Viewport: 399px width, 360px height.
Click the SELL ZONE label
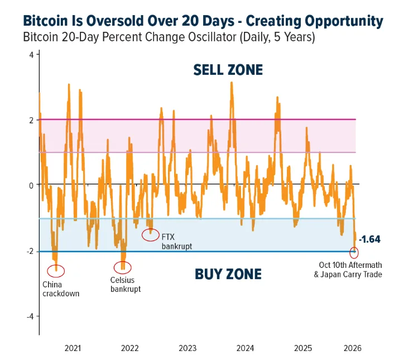tap(228, 70)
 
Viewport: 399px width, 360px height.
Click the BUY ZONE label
tap(228, 274)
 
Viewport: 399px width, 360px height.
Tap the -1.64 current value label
tap(369, 239)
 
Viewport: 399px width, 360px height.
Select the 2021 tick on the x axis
tap(73, 348)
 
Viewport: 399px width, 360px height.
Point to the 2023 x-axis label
tap(188, 348)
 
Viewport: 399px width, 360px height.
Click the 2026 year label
tap(353, 348)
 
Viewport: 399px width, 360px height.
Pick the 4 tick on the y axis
tap(31, 55)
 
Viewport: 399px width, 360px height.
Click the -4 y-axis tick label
tap(30, 316)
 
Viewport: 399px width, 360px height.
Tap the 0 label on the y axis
tap(31, 186)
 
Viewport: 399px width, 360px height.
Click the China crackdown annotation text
tap(61, 289)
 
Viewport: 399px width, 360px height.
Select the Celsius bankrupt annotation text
tap(126, 285)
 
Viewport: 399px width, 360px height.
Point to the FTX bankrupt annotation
tap(177, 242)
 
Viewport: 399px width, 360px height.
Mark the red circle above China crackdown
tap(47, 271)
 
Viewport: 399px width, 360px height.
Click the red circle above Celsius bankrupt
tap(114, 267)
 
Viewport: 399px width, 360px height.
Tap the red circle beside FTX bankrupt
tap(142, 235)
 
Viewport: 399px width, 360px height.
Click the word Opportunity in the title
tap(344, 21)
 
